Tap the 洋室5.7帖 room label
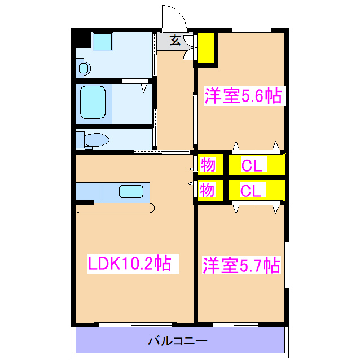pyautogui.click(x=242, y=265)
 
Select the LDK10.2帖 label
pyautogui.click(x=129, y=263)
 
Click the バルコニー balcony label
pyautogui.click(x=178, y=341)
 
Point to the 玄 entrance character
pyautogui.click(x=175, y=40)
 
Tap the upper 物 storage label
pyautogui.click(x=207, y=165)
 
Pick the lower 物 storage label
pyautogui.click(x=207, y=191)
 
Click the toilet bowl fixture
pyautogui.click(x=96, y=139)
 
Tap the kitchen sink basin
pyautogui.click(x=131, y=192)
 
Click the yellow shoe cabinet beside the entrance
pyautogui.click(x=206, y=49)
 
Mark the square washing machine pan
pyautogui.click(x=103, y=42)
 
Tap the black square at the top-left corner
pyautogui.click(x=82, y=39)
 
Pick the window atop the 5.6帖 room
pyautogui.click(x=252, y=30)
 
